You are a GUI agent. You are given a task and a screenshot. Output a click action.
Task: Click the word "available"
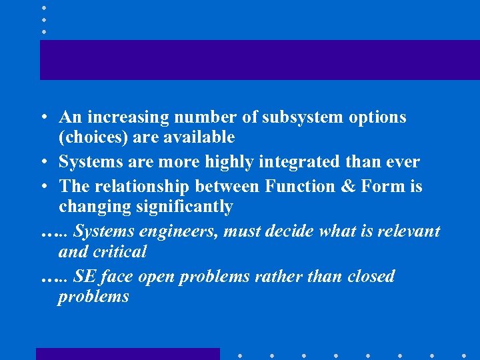coord(202,137)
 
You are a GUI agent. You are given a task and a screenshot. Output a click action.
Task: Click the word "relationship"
coord(135,187)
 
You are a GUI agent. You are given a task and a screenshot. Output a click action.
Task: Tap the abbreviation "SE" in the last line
coord(85,276)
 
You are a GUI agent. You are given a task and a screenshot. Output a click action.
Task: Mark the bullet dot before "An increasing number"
coord(42,118)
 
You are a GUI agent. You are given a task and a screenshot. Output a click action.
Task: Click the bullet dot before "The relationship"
coord(42,187)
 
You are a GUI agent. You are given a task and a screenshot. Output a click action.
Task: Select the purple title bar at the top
coord(259,59)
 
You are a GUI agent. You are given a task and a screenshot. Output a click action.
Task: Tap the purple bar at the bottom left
coord(127,354)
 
